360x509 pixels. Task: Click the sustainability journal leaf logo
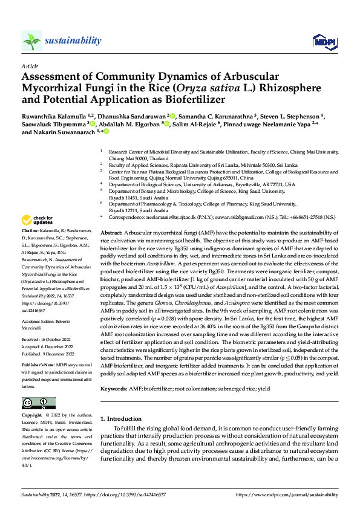31,41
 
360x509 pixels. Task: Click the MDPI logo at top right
322,41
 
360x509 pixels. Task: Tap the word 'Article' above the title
29,65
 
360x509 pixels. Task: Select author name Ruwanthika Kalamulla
51,115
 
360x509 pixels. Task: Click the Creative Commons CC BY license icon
38,403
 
